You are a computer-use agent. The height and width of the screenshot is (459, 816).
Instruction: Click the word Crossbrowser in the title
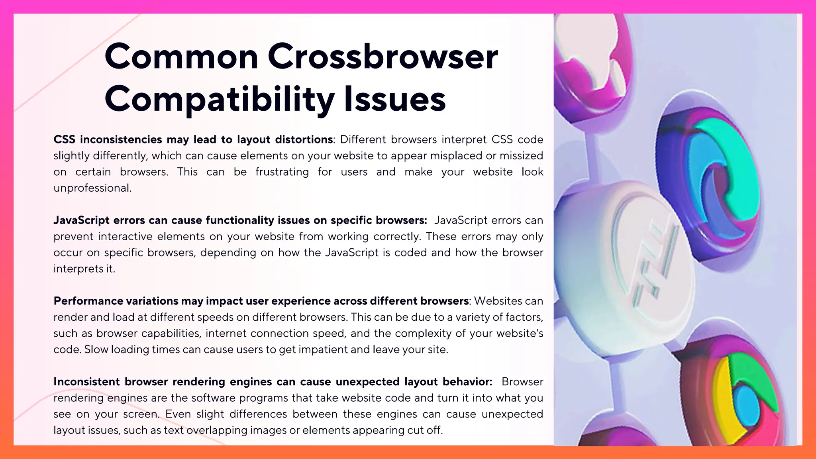(382, 57)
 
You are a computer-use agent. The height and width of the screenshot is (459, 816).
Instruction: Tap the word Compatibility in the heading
(219, 100)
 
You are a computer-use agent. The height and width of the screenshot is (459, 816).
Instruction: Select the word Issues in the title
(394, 100)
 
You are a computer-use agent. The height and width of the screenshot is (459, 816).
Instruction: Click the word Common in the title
(181, 57)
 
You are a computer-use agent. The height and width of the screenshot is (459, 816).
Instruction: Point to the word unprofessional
(92, 188)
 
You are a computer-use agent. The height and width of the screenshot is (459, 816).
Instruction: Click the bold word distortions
(304, 139)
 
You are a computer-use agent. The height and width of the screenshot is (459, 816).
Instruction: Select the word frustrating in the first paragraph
(282, 172)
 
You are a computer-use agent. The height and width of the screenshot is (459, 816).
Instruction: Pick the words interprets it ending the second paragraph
(84, 269)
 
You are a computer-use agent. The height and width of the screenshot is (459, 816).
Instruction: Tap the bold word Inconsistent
(86, 382)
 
